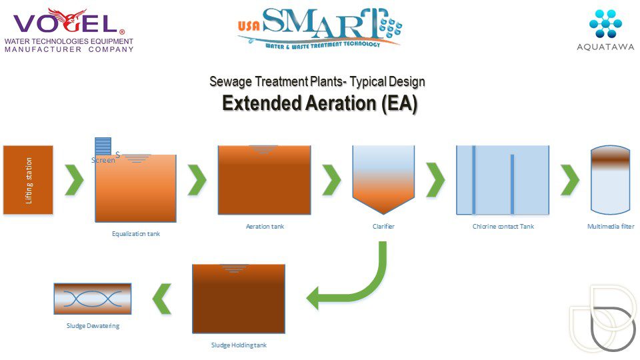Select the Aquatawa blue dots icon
click(605, 23)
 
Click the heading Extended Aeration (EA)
click(319, 104)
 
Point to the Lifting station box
click(28, 180)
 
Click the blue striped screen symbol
click(103, 147)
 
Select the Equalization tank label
click(135, 234)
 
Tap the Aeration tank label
click(265, 227)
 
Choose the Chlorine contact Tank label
click(503, 227)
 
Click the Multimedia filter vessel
click(610, 180)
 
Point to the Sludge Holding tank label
click(239, 345)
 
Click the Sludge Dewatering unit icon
click(92, 299)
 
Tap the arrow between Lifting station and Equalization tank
click(75, 179)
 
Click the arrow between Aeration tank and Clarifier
click(332, 179)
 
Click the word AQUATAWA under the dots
click(605, 46)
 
